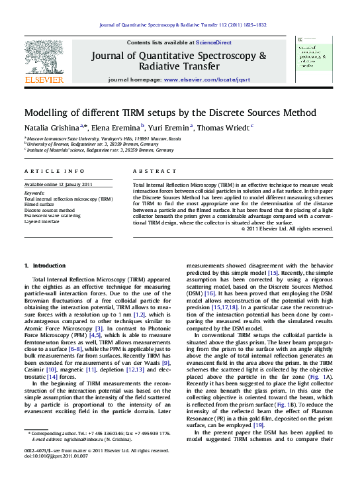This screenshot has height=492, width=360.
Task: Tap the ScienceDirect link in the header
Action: click(x=214, y=42)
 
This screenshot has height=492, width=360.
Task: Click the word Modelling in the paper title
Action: click(x=50, y=113)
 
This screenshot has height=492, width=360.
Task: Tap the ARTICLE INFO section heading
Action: click(x=50, y=171)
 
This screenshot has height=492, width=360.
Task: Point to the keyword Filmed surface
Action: click(x=40, y=205)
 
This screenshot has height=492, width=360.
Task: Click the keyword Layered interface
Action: click(x=42, y=222)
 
